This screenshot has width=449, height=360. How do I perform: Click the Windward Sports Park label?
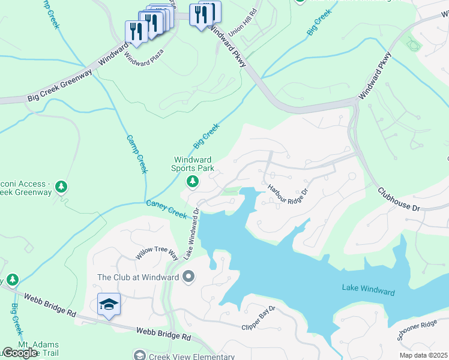pos(194,164)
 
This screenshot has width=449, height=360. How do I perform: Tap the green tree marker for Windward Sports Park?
pos(193,182)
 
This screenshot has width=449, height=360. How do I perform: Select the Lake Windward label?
pos(369,291)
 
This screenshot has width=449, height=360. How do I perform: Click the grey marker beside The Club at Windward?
pos(189,277)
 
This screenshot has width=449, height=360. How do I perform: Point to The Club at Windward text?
pos(138,277)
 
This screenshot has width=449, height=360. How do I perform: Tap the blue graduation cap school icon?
pos(109,305)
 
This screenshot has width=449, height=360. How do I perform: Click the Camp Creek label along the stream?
pos(136,154)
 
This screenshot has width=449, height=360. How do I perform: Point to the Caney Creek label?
pos(167,209)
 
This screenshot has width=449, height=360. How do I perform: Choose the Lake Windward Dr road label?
pos(191,234)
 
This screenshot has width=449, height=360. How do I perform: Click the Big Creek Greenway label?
pos(60,86)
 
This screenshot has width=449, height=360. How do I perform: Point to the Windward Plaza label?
pos(143,55)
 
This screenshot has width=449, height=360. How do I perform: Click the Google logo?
pos(20,353)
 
